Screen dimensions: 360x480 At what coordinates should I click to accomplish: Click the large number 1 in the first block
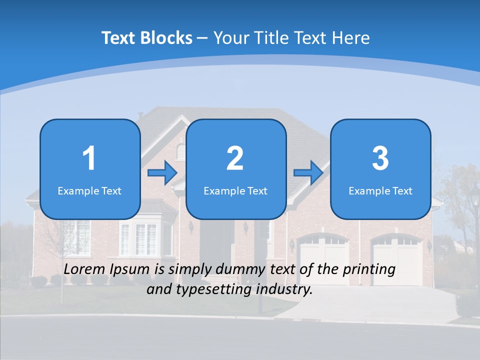point(89,158)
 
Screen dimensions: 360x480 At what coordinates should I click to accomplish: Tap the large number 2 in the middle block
point(235,158)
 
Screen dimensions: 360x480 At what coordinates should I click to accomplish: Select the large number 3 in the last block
point(380,158)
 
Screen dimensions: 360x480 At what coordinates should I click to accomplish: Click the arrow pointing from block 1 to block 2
point(162,173)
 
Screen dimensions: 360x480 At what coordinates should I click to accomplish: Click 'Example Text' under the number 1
point(89,190)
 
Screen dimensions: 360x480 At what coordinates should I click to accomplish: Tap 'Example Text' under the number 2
point(235,190)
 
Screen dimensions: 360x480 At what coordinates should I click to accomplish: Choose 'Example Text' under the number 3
point(380,190)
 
